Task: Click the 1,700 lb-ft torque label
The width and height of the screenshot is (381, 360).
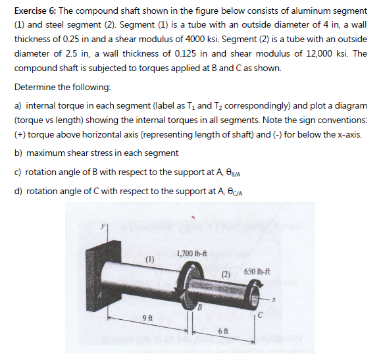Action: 192,254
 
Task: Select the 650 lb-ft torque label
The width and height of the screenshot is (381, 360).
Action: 257,272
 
